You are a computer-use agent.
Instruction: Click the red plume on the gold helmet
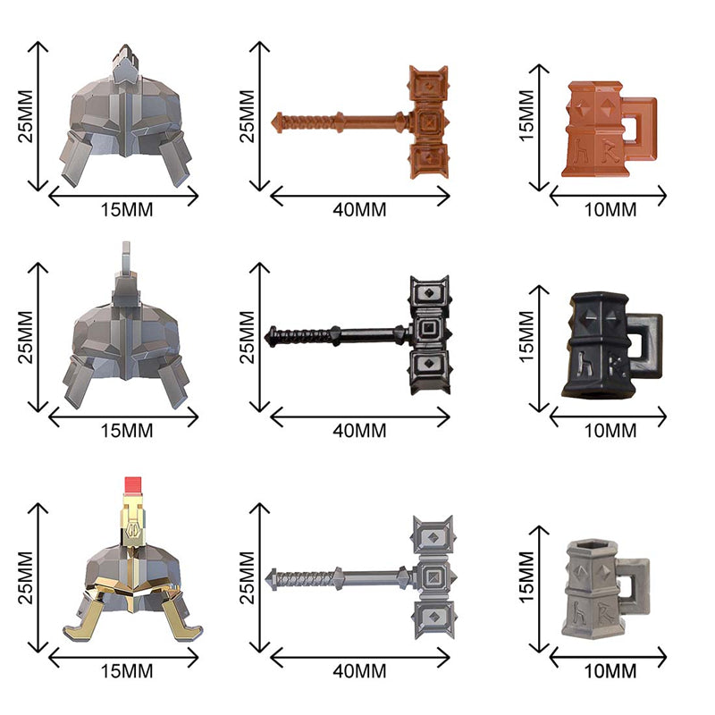pyautogui.click(x=132, y=485)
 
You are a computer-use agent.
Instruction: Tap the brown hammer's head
pyautogui.click(x=429, y=122)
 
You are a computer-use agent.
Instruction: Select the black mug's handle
pyautogui.click(x=644, y=344)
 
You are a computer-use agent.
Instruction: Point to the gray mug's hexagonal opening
pyautogui.click(x=592, y=545)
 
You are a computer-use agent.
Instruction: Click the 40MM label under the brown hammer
pyautogui.click(x=359, y=210)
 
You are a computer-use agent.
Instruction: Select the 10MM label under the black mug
pyautogui.click(x=610, y=431)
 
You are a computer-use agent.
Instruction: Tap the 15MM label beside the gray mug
pyautogui.click(x=526, y=577)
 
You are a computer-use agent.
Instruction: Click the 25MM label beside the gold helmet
pyautogui.click(x=26, y=577)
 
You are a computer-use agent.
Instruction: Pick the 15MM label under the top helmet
pyautogui.click(x=127, y=210)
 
